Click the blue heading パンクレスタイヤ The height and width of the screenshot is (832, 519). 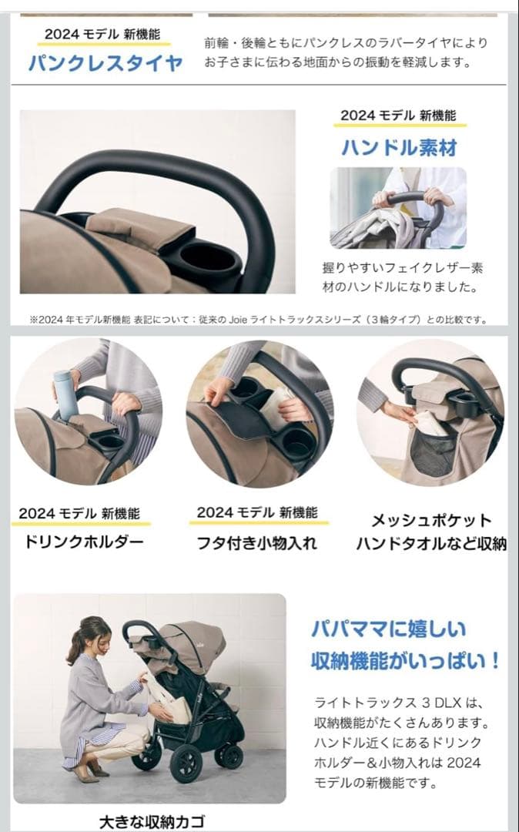point(105,62)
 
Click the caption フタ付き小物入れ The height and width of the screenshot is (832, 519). point(256,542)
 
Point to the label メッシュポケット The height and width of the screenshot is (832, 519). point(430,521)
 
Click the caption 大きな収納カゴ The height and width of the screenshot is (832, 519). point(152,821)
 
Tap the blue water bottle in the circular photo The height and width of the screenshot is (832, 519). point(65,394)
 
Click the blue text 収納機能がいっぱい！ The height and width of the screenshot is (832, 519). point(406,660)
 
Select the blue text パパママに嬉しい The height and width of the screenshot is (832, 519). point(389,629)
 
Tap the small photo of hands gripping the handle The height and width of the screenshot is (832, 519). point(398,207)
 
